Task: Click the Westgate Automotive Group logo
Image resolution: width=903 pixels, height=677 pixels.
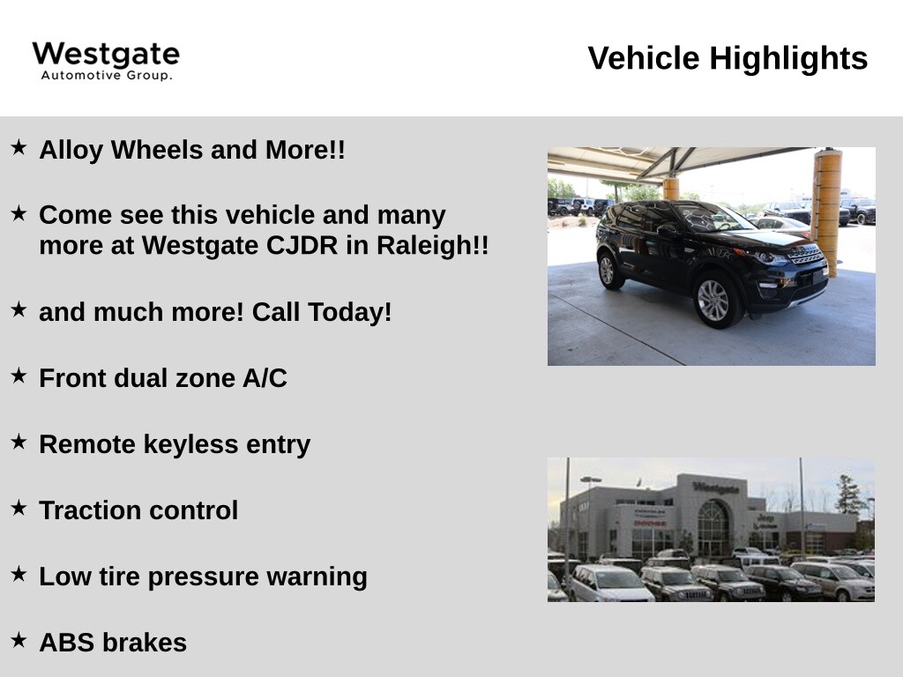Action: [106, 61]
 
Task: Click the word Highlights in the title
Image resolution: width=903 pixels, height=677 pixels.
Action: [788, 58]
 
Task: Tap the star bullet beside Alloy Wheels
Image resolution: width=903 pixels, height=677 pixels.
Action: [19, 147]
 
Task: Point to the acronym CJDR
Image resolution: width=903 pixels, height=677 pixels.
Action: [302, 245]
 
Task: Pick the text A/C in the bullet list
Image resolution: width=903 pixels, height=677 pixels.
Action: [265, 378]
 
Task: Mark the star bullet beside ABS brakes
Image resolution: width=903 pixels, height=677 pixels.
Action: [19, 640]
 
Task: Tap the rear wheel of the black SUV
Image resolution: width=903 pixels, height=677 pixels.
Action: [608, 270]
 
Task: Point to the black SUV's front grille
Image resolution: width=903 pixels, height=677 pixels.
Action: [808, 255]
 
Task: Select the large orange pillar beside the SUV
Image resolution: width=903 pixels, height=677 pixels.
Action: [827, 212]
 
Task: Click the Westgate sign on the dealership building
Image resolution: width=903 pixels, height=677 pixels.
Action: [716, 488]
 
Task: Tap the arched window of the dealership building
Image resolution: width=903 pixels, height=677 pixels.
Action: [713, 527]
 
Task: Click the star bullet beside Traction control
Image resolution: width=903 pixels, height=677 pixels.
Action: [19, 508]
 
